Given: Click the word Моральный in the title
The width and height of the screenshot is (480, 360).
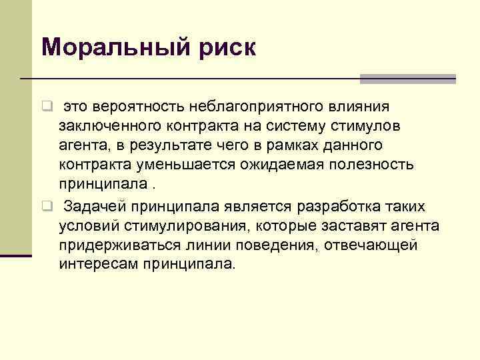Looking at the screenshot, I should (x=111, y=48).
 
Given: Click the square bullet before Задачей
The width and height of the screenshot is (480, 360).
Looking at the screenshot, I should (x=47, y=205).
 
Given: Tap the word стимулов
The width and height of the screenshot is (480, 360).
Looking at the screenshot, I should (x=358, y=126).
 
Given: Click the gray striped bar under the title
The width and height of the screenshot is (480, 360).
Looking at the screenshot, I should (x=407, y=79).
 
